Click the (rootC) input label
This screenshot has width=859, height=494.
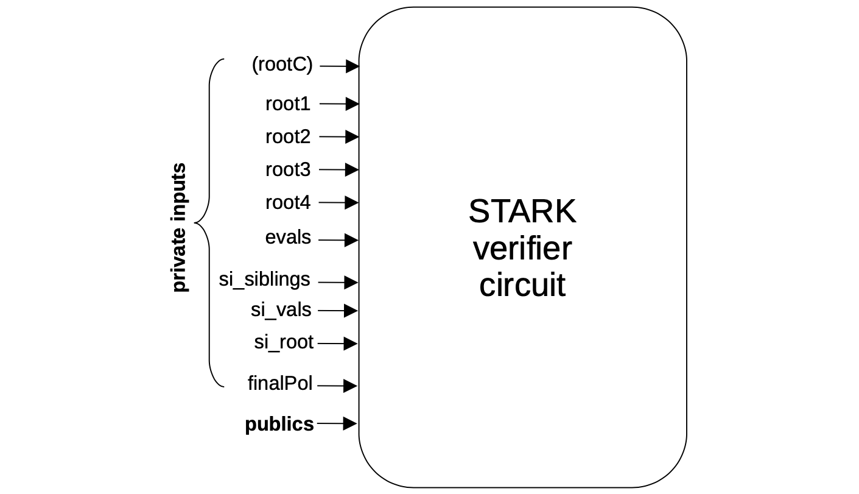tap(282, 65)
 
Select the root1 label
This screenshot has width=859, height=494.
tap(287, 104)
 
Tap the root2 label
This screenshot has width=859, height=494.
tap(287, 137)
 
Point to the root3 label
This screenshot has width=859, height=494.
tap(287, 170)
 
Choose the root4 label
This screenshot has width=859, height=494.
tap(287, 202)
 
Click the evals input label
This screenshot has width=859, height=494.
tap(288, 238)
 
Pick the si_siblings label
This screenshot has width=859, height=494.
tap(264, 280)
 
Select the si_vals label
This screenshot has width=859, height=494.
tap(281, 310)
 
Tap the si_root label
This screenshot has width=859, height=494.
tap(284, 342)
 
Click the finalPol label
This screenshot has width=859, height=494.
tap(280, 384)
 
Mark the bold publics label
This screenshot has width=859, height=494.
tap(279, 424)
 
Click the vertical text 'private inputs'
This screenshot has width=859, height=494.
tap(179, 227)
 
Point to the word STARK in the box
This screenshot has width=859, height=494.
tap(522, 211)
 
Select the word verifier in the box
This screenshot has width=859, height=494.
tap(522, 249)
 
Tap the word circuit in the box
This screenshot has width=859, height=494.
tap(522, 285)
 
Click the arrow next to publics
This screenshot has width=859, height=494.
tap(337, 423)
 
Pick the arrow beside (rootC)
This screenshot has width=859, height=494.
tap(339, 66)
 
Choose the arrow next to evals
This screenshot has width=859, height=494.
tap(338, 241)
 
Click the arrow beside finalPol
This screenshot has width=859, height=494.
tap(337, 386)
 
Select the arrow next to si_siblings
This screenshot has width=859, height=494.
tap(338, 283)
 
